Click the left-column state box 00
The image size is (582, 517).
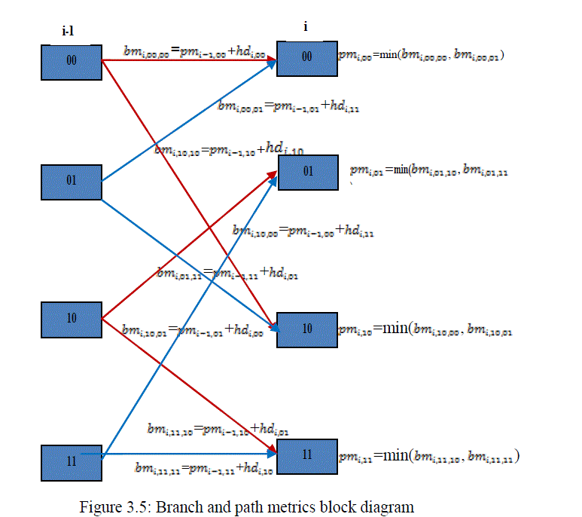click(72, 62)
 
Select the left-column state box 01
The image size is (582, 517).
click(72, 182)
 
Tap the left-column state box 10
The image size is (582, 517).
click(72, 319)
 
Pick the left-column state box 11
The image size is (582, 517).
click(72, 460)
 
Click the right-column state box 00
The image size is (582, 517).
click(306, 57)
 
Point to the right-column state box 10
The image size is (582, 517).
click(307, 329)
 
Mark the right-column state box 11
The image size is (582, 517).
click(307, 456)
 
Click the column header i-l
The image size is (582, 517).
click(71, 31)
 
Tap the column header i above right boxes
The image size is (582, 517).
click(306, 26)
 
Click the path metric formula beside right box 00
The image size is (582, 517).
click(421, 54)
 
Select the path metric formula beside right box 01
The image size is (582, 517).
click(429, 170)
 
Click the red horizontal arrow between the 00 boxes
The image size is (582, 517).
click(188, 60)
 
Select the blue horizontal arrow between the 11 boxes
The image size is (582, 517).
click(188, 454)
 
